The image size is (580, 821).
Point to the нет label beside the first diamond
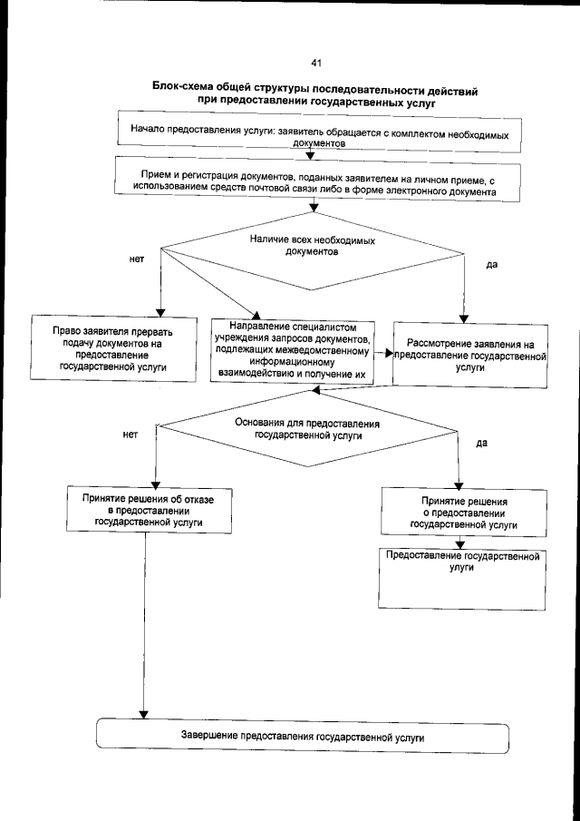137,259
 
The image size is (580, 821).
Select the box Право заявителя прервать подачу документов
113,349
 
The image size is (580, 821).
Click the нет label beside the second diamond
130,435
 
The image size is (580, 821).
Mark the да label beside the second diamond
482,444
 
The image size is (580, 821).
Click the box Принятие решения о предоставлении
463,513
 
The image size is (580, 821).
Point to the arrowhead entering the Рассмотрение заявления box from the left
390,354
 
